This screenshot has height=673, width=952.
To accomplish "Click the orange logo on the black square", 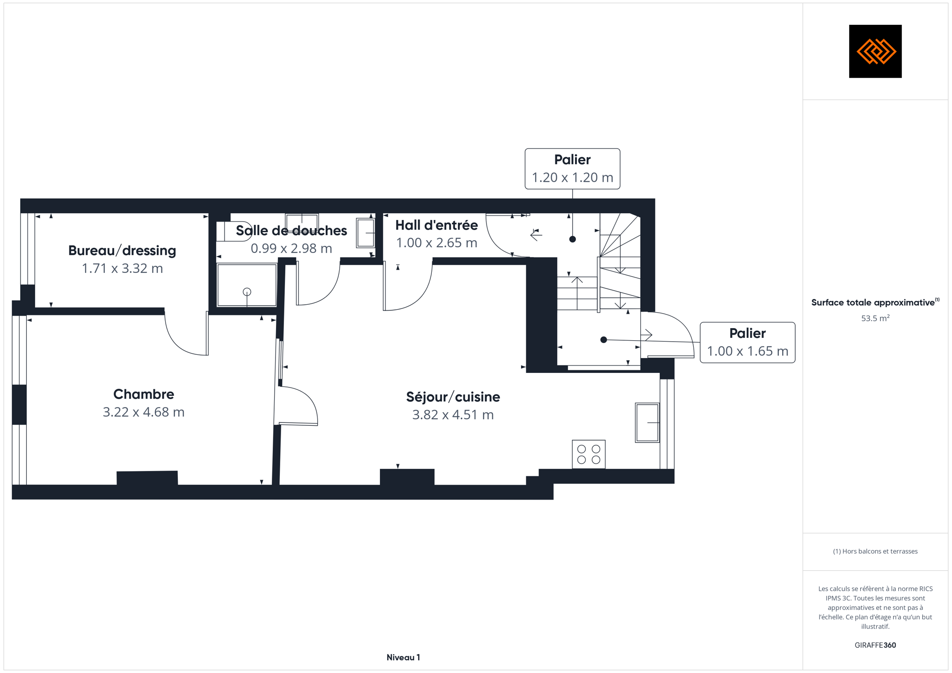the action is (x=876, y=51).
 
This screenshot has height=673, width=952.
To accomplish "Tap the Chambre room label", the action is (x=144, y=394).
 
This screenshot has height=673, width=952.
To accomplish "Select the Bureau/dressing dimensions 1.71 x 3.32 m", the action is (x=122, y=268).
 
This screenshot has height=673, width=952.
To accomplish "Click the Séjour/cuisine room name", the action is (x=453, y=397).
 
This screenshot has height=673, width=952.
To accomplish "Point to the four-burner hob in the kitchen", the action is (x=589, y=454).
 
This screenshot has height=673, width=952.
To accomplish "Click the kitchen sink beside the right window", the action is (x=647, y=422).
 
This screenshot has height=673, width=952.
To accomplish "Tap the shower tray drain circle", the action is (x=247, y=292).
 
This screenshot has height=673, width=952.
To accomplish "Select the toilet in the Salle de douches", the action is (x=234, y=231).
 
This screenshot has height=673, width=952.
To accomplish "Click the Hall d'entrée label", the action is (x=436, y=225).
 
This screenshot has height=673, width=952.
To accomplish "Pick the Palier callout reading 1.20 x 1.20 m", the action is (x=572, y=169).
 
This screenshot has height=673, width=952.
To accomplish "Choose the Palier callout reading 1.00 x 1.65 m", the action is (x=748, y=343).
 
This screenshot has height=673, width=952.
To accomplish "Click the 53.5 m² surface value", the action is (x=875, y=318).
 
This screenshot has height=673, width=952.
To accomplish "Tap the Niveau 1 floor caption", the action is (x=403, y=658).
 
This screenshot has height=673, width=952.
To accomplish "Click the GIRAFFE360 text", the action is (x=875, y=645).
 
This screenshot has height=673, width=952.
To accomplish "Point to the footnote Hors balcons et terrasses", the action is (x=875, y=551).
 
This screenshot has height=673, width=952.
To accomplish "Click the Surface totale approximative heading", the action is (x=873, y=302).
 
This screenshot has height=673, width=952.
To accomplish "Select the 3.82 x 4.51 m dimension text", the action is (x=453, y=415).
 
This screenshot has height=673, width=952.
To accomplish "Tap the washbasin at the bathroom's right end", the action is (x=365, y=233).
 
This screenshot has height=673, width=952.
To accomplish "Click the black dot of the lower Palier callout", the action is (x=603, y=340).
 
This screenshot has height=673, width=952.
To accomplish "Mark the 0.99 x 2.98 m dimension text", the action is (x=291, y=248).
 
